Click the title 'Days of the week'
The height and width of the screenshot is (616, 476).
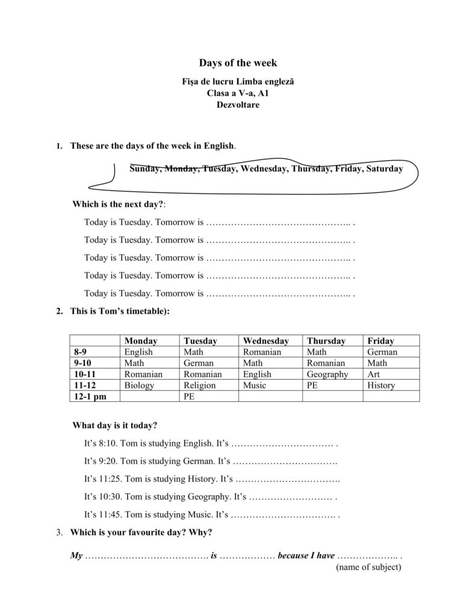238,63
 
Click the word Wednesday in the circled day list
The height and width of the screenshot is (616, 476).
262,169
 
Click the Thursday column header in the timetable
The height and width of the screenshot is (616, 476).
326,340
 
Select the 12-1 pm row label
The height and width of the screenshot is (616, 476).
90,396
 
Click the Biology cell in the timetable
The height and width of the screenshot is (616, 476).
139,385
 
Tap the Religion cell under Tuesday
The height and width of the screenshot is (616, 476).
199,385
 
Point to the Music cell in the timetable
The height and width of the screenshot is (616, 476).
254,385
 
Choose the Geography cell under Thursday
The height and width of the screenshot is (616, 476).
327,374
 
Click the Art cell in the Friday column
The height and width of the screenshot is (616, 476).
373,374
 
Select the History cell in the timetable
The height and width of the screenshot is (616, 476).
380,385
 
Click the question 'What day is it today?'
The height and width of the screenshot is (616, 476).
115,425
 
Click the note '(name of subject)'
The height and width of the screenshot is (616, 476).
368,567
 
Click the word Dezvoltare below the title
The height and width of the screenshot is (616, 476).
238,104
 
